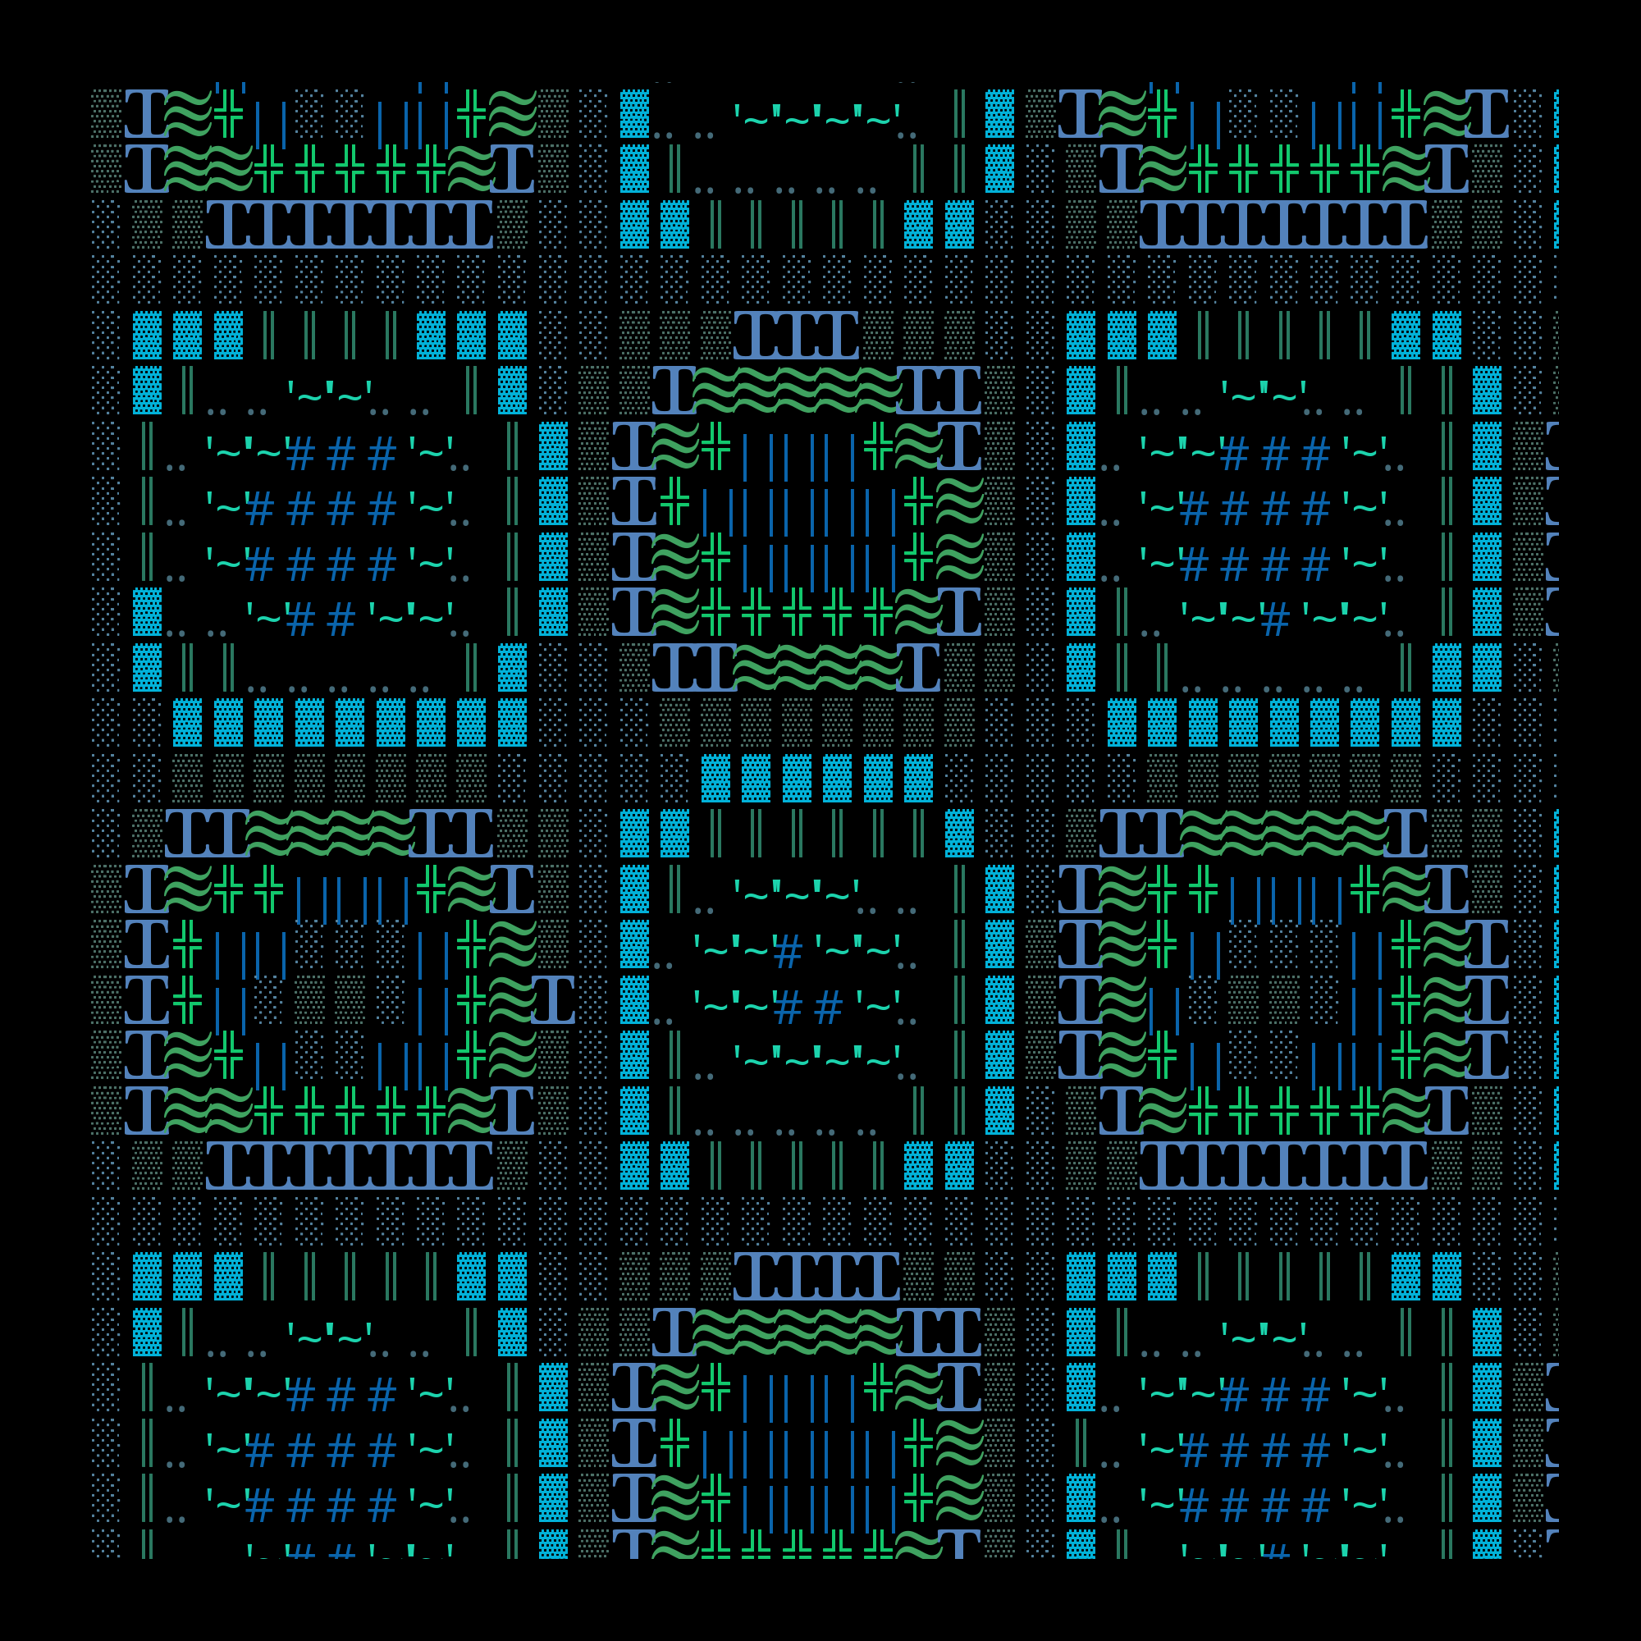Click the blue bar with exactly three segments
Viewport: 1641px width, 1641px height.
[797, 335]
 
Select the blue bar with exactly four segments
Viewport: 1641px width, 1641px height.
[817, 1276]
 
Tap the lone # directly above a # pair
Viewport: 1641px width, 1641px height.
[789, 955]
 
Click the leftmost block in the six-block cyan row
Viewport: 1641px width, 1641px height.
[716, 778]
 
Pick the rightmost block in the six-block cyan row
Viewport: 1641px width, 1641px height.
[918, 778]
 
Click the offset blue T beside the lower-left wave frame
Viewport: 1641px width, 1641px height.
[553, 999]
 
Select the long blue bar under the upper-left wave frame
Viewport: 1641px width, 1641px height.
[349, 224]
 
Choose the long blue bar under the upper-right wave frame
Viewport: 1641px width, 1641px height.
[1282, 224]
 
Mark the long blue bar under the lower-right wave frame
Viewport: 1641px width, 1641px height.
[1282, 1165]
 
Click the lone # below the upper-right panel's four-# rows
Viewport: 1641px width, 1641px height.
[1276, 623]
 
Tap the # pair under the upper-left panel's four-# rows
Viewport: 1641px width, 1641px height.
[321, 623]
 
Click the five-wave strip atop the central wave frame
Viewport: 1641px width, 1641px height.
[797, 390]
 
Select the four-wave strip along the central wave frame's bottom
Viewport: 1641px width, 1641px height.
[817, 667]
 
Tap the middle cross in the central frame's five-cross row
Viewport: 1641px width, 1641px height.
[797, 612]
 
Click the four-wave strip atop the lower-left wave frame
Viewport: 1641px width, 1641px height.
[331, 834]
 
